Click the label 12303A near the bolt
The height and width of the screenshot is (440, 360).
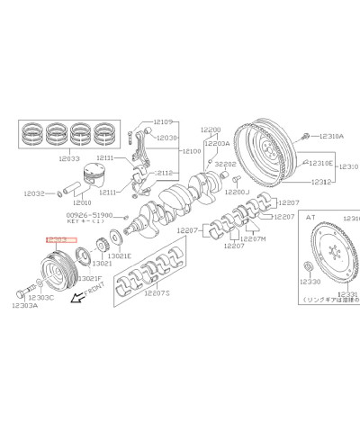point(24,306)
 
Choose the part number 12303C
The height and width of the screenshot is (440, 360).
point(40,297)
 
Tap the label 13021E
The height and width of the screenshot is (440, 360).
point(121,255)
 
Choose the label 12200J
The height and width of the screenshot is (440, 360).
point(237,193)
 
